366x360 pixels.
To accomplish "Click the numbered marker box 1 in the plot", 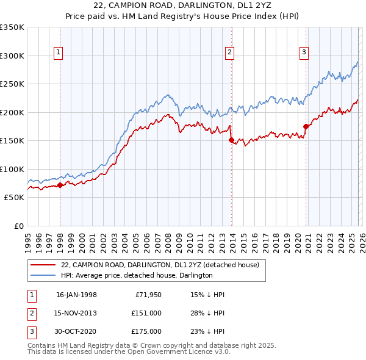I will coord(58,53).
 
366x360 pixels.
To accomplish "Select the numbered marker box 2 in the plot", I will coord(230,53).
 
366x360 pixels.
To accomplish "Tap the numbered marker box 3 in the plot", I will coord(304,53).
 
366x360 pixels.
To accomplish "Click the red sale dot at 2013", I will coord(231,140).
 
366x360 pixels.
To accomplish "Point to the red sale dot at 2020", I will coord(306,126).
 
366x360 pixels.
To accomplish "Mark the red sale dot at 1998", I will coord(60,185).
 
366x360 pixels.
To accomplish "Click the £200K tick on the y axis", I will coord(12,112).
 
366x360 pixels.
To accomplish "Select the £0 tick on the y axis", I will coord(18,226).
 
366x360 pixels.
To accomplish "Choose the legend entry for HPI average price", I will coord(136,275).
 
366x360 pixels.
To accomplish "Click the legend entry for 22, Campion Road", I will coord(160,265).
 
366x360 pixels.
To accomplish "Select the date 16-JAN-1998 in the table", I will coord(76,295).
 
